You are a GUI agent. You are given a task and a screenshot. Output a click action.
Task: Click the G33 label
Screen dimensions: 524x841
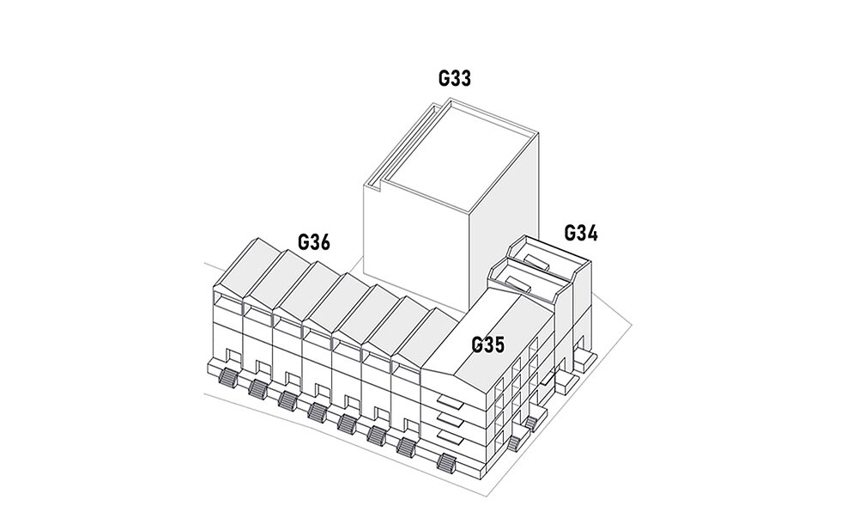tap(454, 79)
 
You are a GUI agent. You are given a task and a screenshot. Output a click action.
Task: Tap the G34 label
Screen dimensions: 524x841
tap(581, 233)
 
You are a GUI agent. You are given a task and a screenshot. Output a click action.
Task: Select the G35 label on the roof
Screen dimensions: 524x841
tap(487, 345)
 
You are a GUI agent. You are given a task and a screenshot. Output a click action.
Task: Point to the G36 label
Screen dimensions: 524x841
tap(314, 242)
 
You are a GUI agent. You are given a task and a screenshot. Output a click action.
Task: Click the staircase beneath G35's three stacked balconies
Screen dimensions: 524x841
tap(447, 464)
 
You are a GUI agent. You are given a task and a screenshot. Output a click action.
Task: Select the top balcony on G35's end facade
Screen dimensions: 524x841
tap(445, 399)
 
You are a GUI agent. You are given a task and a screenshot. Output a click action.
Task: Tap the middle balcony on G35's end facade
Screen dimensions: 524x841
tap(445, 419)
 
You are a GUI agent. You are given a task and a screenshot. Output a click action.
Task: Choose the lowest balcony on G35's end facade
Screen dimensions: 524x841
tap(446, 441)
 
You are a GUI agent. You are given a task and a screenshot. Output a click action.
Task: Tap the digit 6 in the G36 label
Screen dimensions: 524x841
tap(324, 242)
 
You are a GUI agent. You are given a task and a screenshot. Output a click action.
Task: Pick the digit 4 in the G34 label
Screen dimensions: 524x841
tap(592, 233)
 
